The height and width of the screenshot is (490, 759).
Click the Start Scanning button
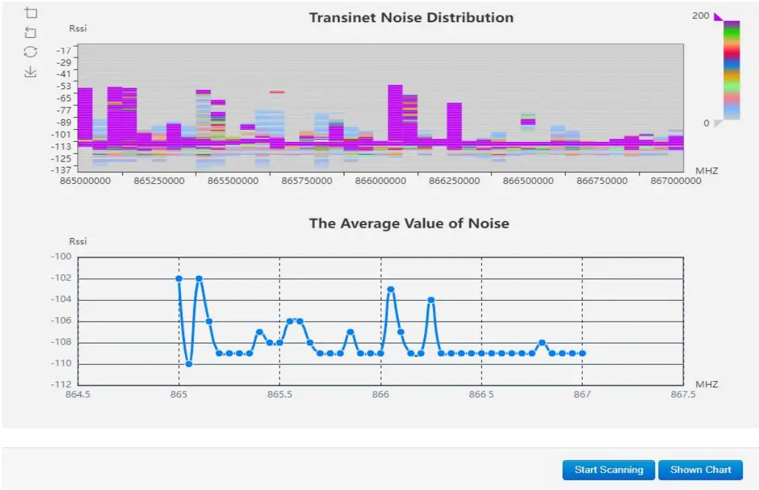pos(608,470)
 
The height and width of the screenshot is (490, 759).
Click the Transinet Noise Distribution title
pos(411,18)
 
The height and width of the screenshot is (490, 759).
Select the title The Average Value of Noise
pos(409,223)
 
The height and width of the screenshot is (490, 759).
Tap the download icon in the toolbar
pos(30,72)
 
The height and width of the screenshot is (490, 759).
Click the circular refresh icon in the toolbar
pos(30,51)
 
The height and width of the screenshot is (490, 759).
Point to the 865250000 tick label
pos(160,181)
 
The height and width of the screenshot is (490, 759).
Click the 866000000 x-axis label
pos(381,181)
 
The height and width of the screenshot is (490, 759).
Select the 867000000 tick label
pos(676,181)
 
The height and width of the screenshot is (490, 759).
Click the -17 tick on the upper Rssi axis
pos(64,50)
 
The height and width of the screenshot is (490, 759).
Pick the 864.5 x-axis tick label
pos(78,395)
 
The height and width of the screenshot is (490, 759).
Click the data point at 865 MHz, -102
pos(179,278)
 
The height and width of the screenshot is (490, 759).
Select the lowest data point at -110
pos(189,364)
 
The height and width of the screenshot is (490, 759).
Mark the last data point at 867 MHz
pos(582,353)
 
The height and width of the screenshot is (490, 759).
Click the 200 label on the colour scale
pos(701,16)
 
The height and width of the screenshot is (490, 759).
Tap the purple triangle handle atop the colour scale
pos(718,17)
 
